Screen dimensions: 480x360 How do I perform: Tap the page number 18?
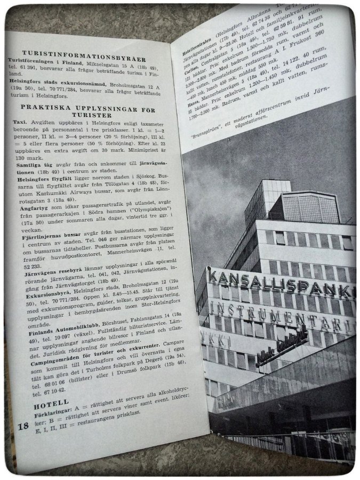[23, 426]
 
